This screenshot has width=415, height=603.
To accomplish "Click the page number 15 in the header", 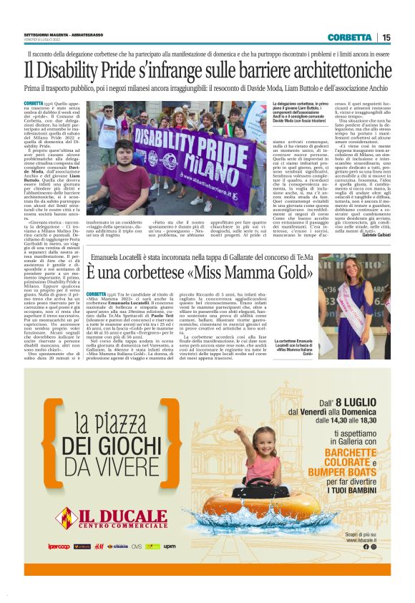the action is tap(386, 37).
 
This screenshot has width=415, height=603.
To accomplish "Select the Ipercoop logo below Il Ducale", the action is tap(59, 546).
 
